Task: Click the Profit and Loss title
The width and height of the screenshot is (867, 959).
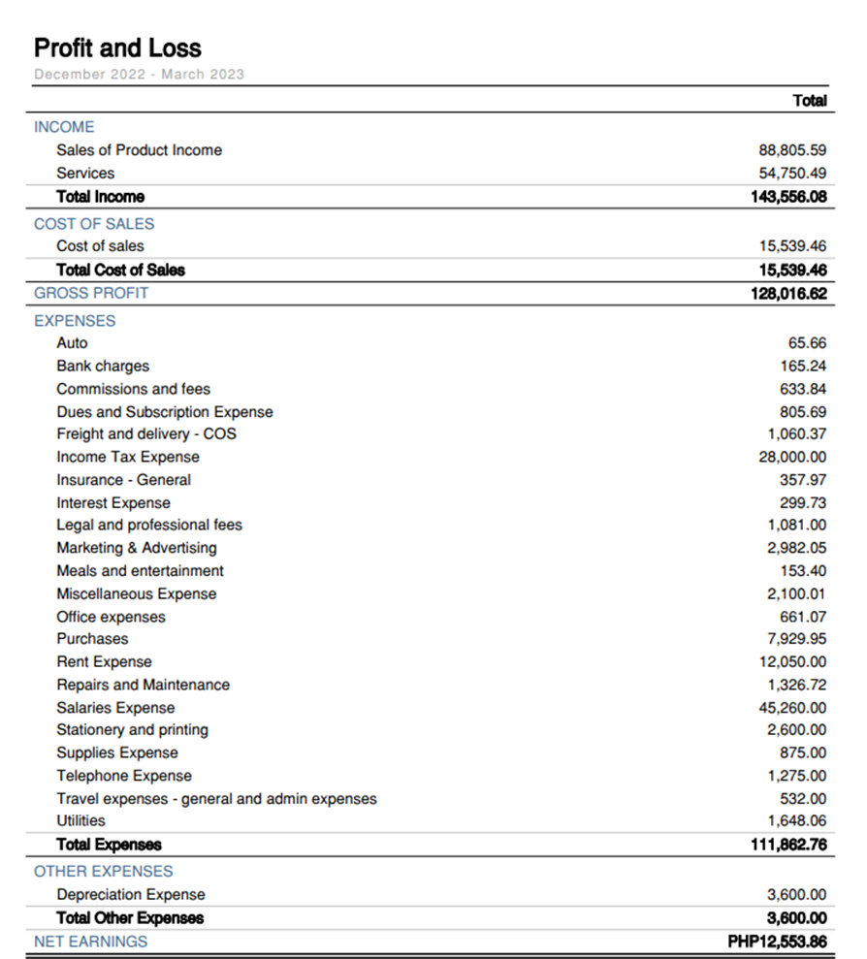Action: (117, 48)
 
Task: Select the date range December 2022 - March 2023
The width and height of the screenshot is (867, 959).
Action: (139, 74)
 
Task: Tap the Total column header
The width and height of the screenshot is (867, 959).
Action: (809, 101)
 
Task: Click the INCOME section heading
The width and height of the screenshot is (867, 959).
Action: (64, 127)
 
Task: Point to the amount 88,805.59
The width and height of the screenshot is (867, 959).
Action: (792, 150)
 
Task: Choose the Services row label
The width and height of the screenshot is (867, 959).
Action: (85, 174)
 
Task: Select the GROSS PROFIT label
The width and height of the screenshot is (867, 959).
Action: (91, 293)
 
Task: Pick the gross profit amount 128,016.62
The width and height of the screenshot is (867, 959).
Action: (787, 293)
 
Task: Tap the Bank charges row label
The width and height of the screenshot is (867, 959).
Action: (103, 367)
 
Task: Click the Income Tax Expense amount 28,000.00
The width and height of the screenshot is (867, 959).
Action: (792, 458)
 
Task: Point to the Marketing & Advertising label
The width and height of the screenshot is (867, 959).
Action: (137, 548)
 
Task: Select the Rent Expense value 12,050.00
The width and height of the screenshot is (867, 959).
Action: (792, 662)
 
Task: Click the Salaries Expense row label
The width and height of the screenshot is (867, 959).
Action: (115, 708)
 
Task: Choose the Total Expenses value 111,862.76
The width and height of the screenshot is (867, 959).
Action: (787, 845)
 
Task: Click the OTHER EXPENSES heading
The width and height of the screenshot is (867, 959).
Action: (104, 871)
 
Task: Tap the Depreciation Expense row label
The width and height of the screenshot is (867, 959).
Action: (131, 895)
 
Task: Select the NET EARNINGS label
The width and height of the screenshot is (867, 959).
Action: (91, 942)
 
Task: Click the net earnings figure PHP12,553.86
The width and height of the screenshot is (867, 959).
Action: (777, 942)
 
